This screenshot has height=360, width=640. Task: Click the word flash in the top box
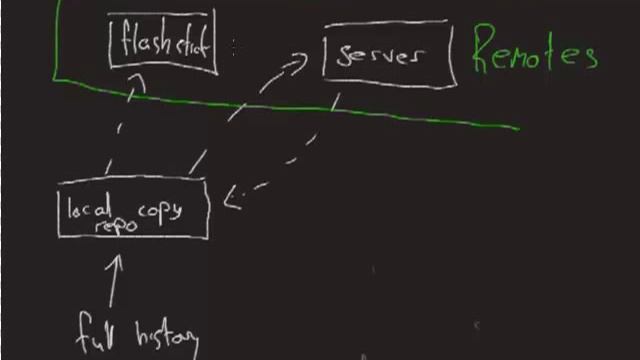coord(144,43)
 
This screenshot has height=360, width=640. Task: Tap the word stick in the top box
coord(192,44)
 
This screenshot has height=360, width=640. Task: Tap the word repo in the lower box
coord(116,226)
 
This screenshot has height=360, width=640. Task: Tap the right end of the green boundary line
coord(518,127)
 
